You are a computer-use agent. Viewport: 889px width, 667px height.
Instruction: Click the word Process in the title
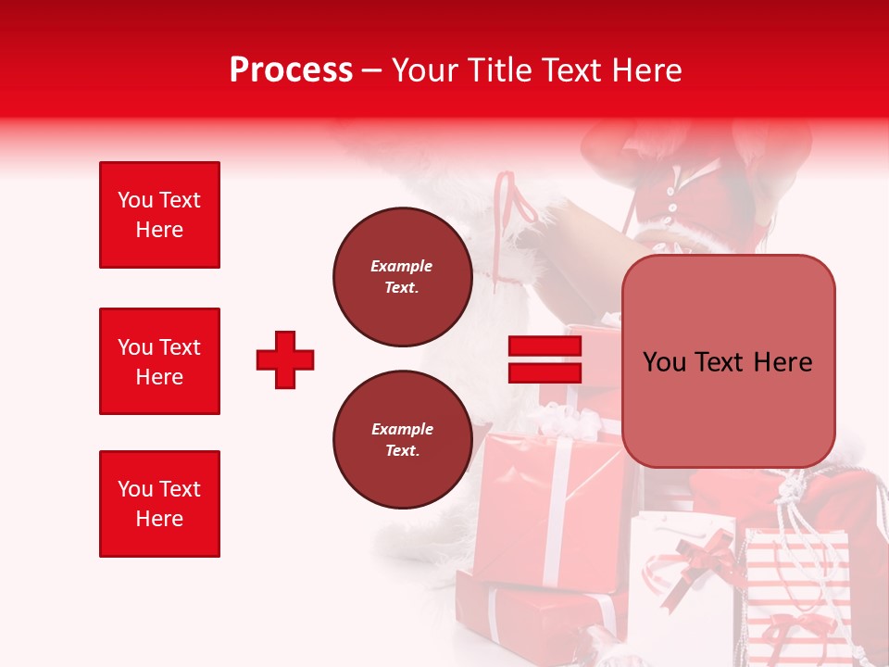click(291, 70)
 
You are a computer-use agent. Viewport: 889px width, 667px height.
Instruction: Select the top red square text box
click(159, 215)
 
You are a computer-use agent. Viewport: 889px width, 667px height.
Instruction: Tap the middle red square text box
click(159, 361)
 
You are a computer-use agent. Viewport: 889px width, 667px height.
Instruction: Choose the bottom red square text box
click(159, 504)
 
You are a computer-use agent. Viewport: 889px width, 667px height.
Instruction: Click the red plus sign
click(285, 359)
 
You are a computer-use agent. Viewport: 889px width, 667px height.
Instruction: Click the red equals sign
click(545, 359)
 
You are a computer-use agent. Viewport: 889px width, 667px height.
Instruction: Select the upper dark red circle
click(401, 277)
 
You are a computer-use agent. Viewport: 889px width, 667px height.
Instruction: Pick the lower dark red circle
click(401, 440)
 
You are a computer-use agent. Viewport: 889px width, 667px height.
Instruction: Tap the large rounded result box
click(728, 361)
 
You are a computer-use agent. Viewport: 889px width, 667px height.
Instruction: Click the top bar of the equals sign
click(545, 346)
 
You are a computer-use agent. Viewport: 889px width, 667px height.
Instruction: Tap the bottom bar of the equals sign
click(545, 372)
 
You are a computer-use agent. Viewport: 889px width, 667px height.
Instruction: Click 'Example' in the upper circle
click(401, 266)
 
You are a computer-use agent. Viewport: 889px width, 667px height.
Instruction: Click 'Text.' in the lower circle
click(401, 451)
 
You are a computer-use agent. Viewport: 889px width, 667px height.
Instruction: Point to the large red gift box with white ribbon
click(546, 510)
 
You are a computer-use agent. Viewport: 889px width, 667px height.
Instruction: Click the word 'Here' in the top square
click(159, 230)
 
